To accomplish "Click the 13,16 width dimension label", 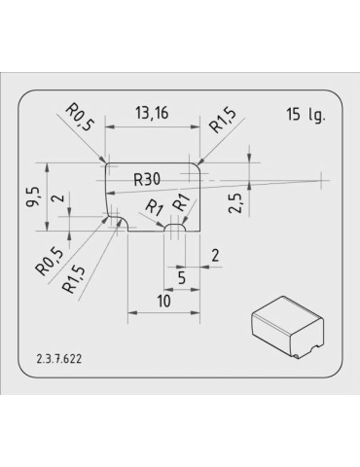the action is [152, 113].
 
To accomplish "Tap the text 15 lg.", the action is [306, 115].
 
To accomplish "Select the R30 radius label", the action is [147, 179].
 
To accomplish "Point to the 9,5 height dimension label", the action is [34, 198].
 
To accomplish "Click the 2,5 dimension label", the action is [235, 203].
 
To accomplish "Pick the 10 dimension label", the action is [164, 301].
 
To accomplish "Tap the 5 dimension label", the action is [182, 278].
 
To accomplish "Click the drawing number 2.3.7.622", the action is [59, 359].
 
